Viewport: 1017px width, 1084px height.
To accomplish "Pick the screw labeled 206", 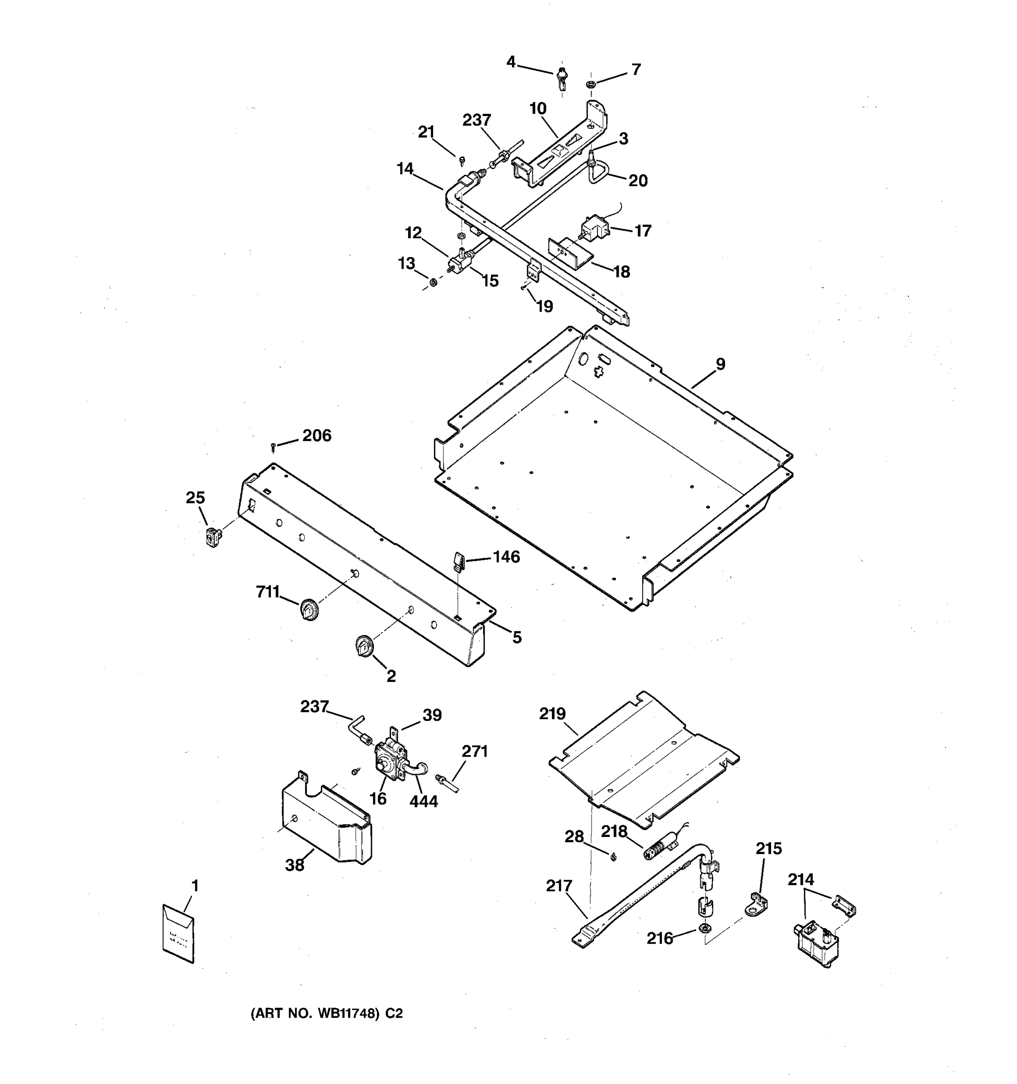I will [x=273, y=448].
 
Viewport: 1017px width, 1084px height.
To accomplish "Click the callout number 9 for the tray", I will [x=720, y=364].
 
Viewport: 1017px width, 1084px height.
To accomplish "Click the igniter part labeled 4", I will [x=561, y=79].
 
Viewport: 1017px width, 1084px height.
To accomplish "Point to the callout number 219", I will [x=552, y=714].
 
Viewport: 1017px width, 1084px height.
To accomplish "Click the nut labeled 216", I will [x=704, y=929].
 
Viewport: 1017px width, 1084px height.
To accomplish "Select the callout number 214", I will [x=800, y=879].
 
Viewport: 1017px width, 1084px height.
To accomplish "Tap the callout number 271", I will [x=474, y=752].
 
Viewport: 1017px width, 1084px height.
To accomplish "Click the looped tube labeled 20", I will [x=598, y=173].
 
